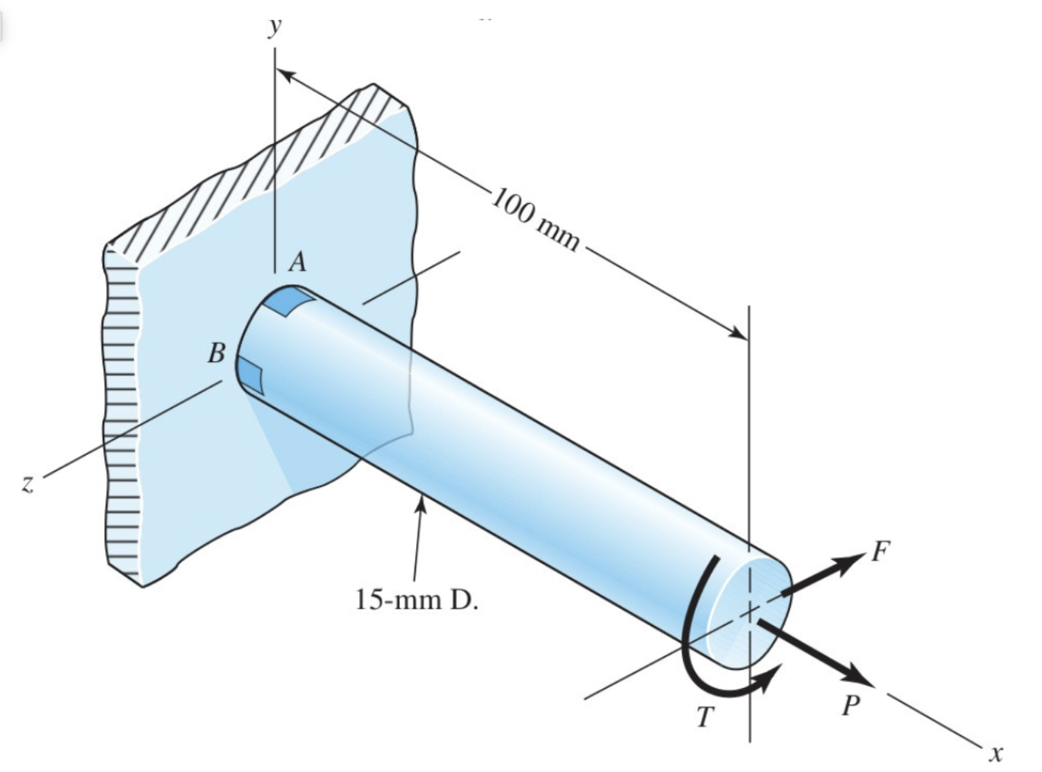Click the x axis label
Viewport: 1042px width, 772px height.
996,752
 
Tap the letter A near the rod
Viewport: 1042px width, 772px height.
298,262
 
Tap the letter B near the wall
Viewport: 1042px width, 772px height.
216,353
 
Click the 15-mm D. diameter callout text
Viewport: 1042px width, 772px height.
416,600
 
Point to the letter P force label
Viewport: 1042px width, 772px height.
849,705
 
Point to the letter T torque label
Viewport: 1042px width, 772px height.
704,717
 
